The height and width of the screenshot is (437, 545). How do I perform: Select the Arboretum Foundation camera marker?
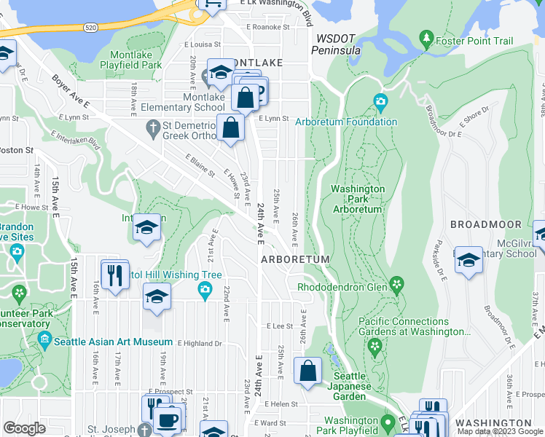click(x=380, y=101)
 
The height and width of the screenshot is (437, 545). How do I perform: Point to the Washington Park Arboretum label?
click(x=357, y=199)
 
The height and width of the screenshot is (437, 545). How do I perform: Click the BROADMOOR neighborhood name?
click(x=485, y=224)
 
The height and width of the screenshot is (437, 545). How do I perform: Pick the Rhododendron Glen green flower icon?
click(x=396, y=283)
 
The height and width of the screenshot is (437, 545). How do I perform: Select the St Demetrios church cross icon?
click(x=152, y=129)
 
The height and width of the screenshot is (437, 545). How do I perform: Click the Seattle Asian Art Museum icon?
click(x=45, y=339)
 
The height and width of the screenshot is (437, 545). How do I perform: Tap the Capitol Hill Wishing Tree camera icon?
click(x=205, y=291)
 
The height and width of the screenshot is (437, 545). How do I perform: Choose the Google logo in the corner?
click(x=25, y=428)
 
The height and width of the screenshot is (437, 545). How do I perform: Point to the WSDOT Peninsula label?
click(x=336, y=44)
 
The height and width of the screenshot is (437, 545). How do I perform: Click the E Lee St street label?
click(x=279, y=327)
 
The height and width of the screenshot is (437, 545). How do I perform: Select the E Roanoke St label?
click(x=267, y=27)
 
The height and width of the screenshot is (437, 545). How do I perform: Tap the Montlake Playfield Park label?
click(x=136, y=60)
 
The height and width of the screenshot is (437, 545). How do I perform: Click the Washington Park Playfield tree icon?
click(x=385, y=422)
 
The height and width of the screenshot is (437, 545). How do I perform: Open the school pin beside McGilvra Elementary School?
click(x=468, y=260)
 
